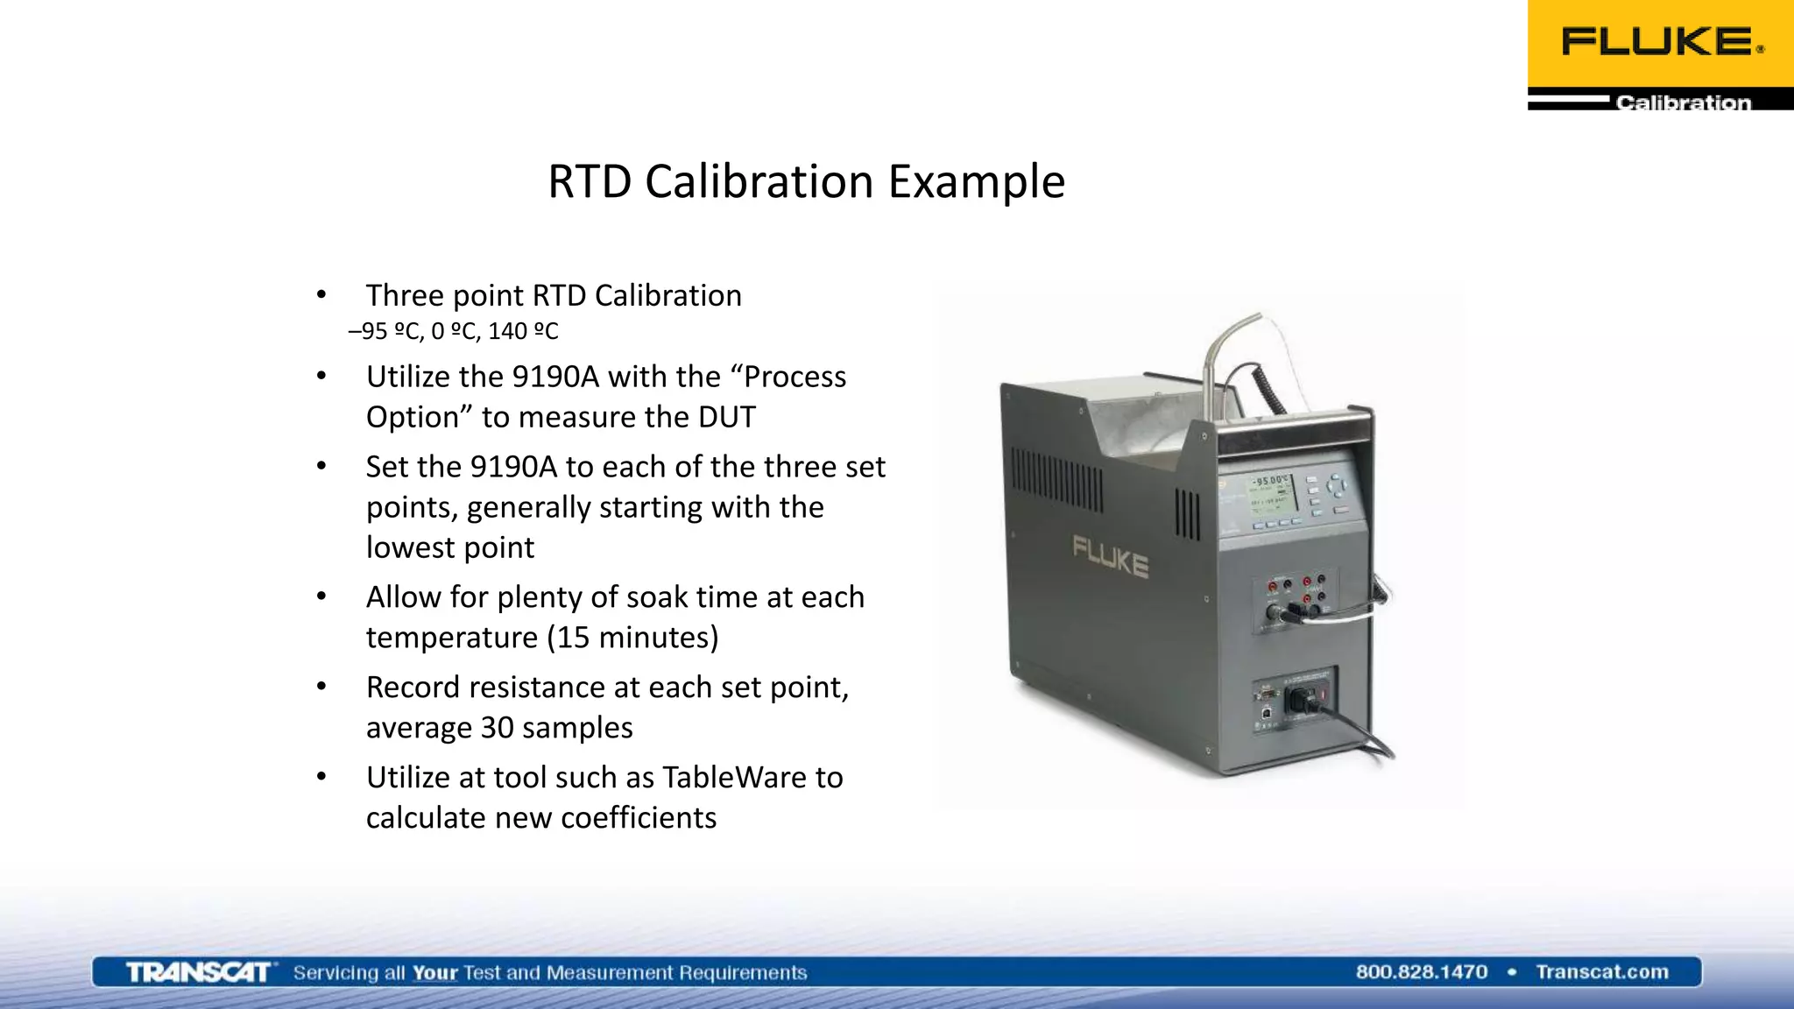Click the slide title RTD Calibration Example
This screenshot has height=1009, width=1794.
[806, 182]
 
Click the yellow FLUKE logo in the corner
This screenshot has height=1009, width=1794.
[1660, 42]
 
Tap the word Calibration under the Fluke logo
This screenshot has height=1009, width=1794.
[1683, 102]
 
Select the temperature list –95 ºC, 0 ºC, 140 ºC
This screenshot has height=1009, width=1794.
[453, 331]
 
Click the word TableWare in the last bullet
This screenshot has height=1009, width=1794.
[752, 777]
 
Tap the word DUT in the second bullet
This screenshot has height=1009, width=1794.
[726, 417]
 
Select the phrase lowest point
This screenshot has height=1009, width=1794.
[450, 547]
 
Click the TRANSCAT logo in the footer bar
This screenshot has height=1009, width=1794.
[199, 972]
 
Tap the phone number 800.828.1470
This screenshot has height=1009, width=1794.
[1421, 971]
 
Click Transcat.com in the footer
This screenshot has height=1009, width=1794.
[1601, 971]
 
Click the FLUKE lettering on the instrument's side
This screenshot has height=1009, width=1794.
[1110, 557]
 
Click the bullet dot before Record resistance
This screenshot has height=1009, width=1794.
[321, 687]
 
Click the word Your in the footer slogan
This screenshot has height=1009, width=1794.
[435, 972]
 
